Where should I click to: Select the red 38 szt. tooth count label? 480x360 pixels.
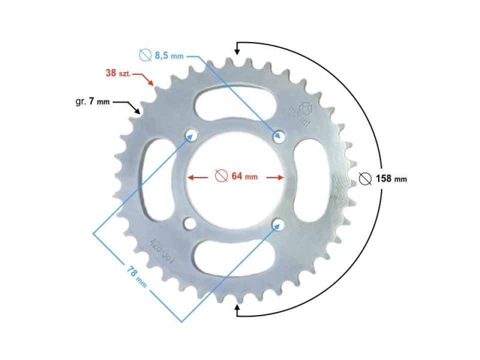tap(118, 73)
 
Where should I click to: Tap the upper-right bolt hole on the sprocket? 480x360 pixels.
tap(278, 135)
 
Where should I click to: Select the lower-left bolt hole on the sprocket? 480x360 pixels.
tap(189, 222)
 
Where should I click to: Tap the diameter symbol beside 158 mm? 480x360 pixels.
tap(365, 178)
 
